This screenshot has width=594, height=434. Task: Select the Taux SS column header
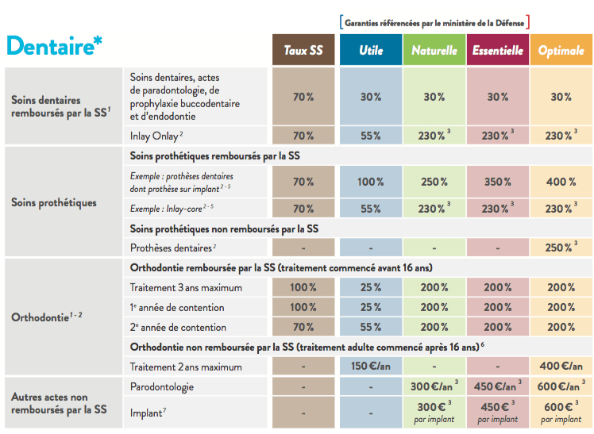(303, 50)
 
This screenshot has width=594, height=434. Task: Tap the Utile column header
(371, 50)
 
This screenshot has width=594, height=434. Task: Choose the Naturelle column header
(434, 50)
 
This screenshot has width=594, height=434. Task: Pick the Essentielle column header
(498, 50)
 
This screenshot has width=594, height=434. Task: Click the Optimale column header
(561, 50)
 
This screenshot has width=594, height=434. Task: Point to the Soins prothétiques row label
(54, 202)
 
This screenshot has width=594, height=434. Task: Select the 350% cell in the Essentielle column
(498, 182)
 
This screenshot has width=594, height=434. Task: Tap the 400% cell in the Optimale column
(561, 182)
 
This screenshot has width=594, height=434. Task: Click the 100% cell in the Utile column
(371, 182)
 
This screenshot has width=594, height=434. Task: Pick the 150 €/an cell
(371, 367)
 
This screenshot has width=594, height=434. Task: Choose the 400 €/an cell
(561, 367)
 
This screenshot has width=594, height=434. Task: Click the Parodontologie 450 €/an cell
(498, 387)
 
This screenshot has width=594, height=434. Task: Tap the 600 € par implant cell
(561, 413)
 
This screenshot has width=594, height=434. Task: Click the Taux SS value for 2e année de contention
(303, 327)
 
